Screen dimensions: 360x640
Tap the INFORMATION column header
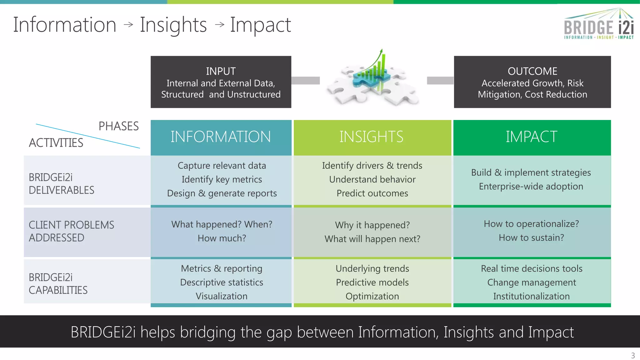(221, 137)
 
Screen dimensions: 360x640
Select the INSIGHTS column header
(372, 137)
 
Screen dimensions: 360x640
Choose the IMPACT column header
(532, 137)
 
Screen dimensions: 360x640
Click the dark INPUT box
(221, 82)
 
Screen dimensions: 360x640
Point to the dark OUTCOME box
(532, 82)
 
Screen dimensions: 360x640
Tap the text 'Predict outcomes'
(372, 193)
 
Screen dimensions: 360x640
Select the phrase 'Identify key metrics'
(222, 179)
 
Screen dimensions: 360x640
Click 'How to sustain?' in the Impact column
(531, 238)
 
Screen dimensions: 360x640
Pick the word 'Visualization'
(221, 296)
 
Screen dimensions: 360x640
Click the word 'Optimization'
(372, 296)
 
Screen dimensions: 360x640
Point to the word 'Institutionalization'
(531, 296)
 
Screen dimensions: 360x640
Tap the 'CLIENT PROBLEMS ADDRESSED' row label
(71, 232)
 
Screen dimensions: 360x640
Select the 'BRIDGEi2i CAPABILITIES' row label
(58, 284)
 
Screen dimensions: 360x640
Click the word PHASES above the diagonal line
(118, 126)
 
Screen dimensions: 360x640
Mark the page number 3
(633, 356)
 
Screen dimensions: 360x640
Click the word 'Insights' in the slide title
(173, 25)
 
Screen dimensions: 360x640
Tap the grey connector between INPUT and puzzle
(305, 81)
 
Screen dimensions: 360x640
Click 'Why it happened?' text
(372, 225)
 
